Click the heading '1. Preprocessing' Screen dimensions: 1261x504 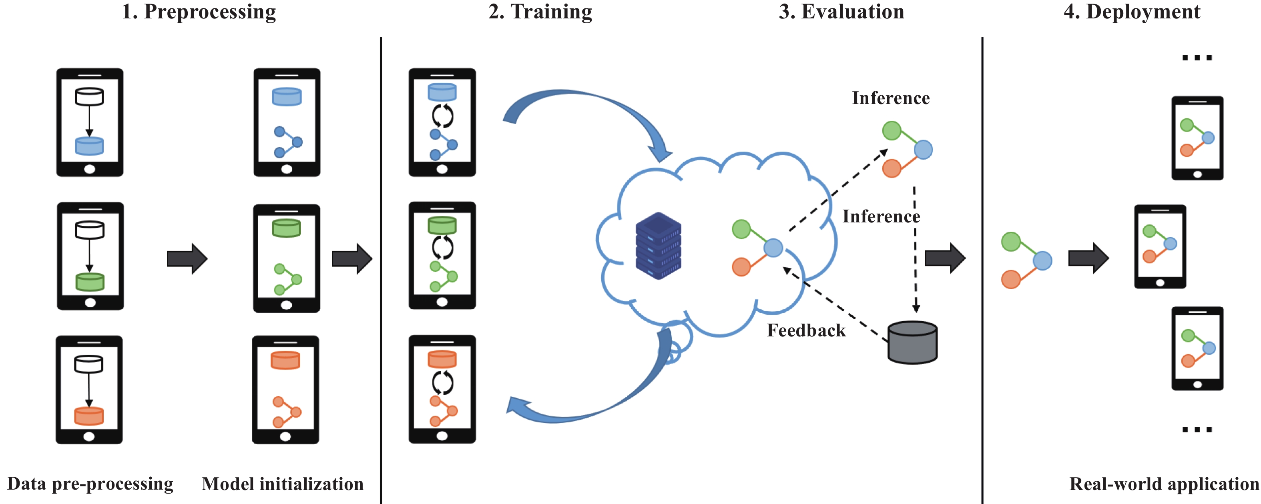pos(199,12)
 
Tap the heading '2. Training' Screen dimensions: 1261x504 pos(540,12)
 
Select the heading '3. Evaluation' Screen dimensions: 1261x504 pos(841,11)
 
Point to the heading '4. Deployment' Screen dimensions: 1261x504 pos(1132,12)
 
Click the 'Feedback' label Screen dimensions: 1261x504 pos(806,330)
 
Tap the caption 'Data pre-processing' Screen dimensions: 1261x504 pos(90,484)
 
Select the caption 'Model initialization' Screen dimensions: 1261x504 pos(283,484)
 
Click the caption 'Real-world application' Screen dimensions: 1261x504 pos(1164,484)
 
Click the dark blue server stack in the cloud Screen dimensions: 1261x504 pos(659,246)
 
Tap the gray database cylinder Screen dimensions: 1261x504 pos(912,342)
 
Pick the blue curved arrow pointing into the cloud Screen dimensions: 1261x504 pos(587,105)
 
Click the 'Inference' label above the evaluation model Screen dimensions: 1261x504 pos(891,98)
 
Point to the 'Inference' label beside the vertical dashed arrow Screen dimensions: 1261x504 pos(881,216)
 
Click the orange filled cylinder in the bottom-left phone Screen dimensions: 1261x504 pos(88,416)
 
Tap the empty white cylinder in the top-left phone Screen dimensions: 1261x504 pos(89,96)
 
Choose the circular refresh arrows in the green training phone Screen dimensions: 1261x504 pos(442,248)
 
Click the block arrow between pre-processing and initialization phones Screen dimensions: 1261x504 pos(187,258)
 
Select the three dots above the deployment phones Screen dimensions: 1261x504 pos(1197,58)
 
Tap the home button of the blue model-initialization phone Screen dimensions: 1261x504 pos(287,169)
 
